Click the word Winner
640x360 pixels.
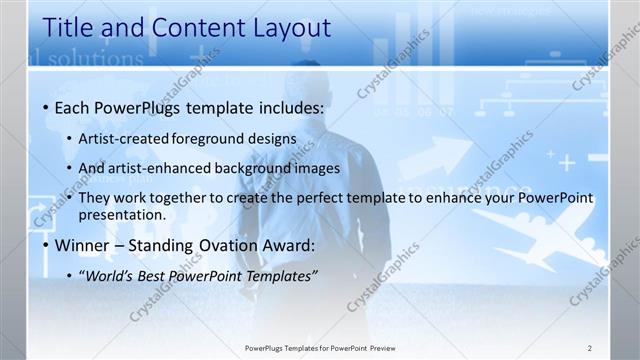click(83, 246)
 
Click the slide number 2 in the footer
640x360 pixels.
click(590, 347)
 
